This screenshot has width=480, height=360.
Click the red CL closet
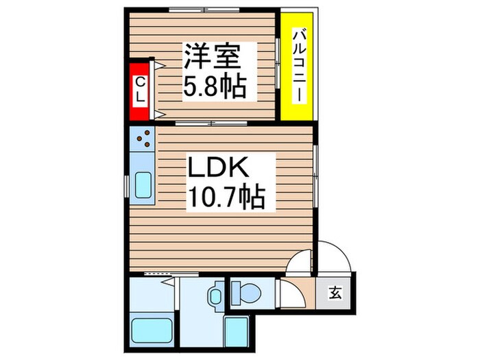click(x=139, y=90)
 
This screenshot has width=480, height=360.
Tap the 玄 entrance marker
click(x=335, y=293)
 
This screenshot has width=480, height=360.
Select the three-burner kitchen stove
click(x=144, y=140)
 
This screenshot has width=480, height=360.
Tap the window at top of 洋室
click(x=204, y=10)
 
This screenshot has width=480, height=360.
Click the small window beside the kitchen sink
click(x=126, y=186)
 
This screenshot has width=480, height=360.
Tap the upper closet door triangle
click(x=158, y=66)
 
